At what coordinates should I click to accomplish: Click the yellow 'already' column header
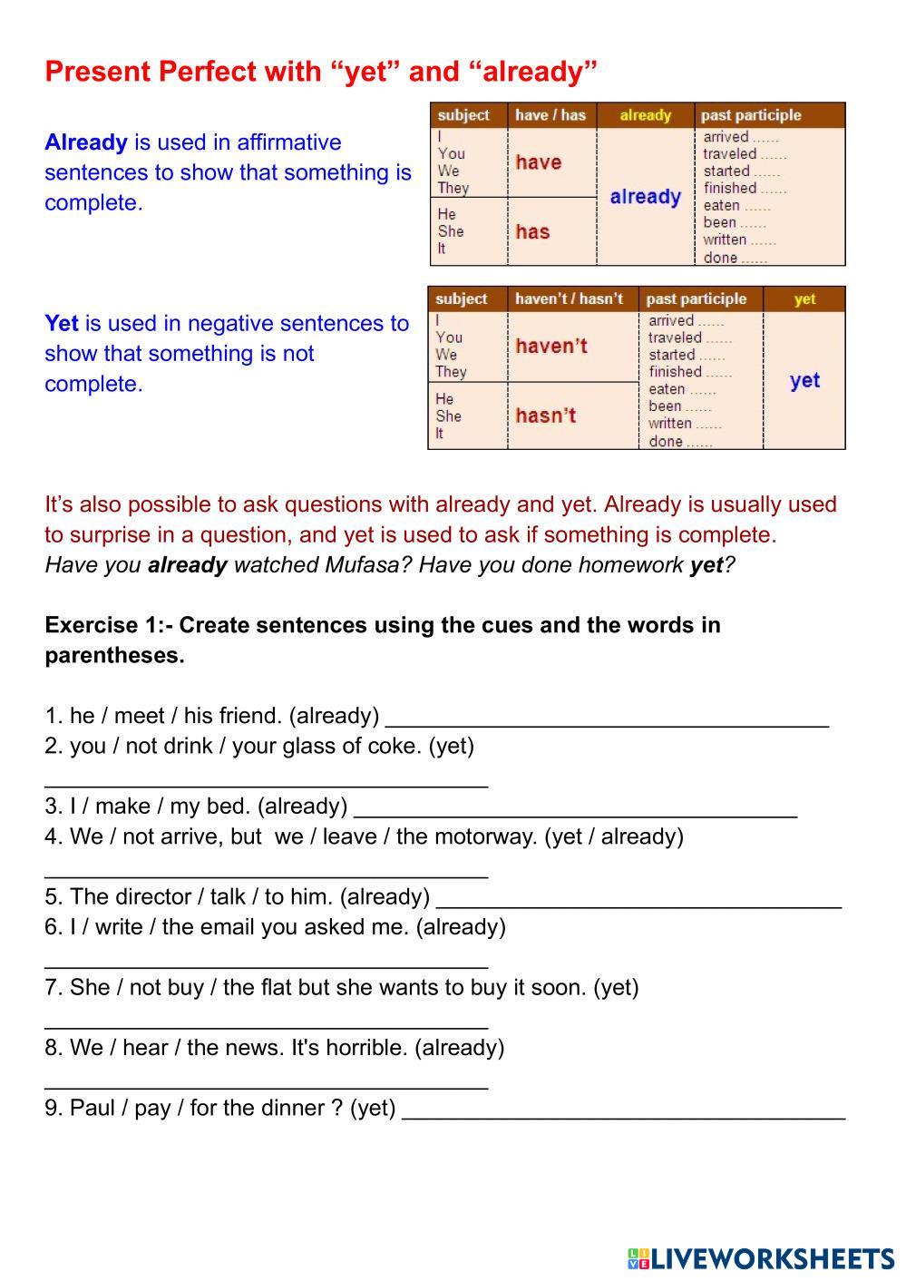(645, 115)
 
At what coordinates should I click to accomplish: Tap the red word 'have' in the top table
(539, 162)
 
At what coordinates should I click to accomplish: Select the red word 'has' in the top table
(532, 231)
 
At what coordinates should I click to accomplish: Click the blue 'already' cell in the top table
(645, 197)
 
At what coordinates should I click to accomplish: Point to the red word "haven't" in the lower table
(551, 346)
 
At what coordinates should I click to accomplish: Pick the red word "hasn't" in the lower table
(546, 416)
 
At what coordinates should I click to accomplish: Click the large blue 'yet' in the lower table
(804, 380)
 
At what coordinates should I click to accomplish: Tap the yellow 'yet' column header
(804, 298)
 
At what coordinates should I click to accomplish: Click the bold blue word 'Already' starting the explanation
(86, 142)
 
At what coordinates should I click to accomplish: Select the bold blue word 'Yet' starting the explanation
(62, 324)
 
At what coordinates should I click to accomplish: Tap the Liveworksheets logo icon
(638, 1258)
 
